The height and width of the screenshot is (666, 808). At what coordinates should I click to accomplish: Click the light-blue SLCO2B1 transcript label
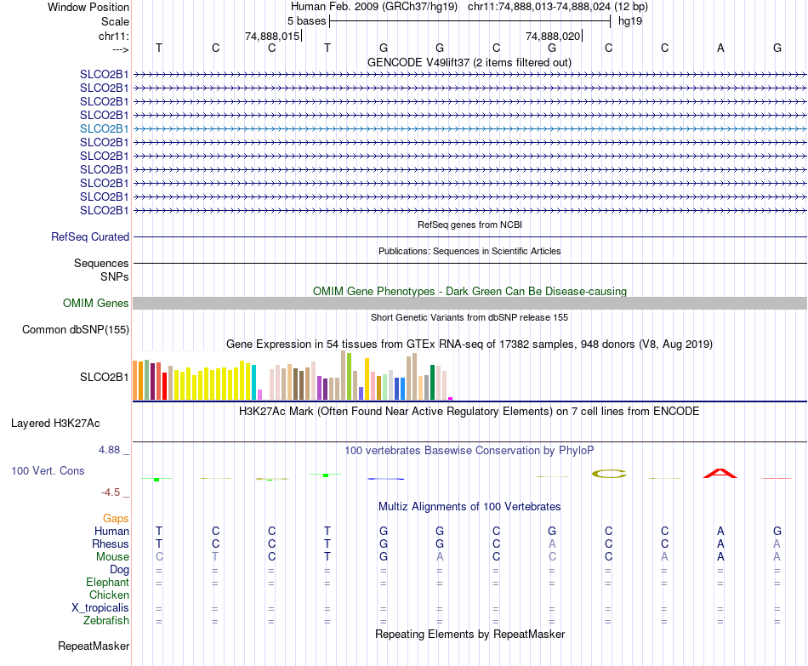pos(104,128)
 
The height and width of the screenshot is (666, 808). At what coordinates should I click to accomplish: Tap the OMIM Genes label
pos(96,303)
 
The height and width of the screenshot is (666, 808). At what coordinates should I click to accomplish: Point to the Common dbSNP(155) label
pos(76,330)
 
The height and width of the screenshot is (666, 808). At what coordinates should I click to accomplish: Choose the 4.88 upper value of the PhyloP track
pos(112,450)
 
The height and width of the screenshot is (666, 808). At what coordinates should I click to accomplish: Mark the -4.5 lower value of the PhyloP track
pos(114,492)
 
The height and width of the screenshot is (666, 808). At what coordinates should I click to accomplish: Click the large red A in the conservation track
pos(720,473)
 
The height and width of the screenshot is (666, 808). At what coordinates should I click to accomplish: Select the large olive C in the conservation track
pos(608,473)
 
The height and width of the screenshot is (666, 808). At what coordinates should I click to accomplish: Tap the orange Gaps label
pos(116,518)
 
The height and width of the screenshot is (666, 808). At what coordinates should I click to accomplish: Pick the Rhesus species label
pos(111,544)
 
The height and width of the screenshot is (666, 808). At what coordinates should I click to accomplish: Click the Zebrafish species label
pos(107,621)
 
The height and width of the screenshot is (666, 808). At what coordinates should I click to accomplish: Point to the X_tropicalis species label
pos(100,608)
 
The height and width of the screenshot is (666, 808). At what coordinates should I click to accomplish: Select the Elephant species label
pos(107,583)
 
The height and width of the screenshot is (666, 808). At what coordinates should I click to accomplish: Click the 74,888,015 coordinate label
pos(272,37)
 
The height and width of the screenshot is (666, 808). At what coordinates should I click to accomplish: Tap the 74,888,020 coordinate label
pos(553,37)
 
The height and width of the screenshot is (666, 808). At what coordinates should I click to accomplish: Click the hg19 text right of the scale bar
pos(630,20)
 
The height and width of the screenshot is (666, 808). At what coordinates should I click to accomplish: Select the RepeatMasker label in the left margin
pos(94,646)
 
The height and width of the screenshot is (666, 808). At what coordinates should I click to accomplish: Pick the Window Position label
pos(88,7)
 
